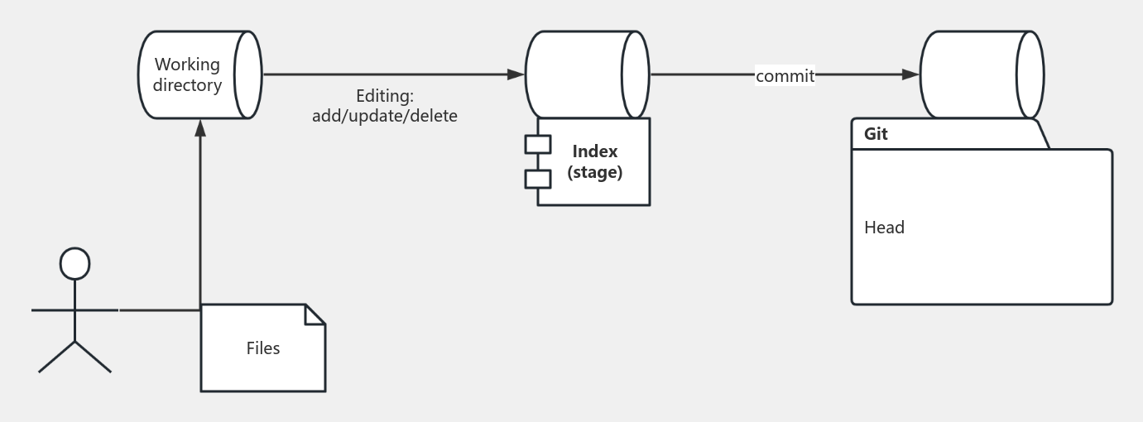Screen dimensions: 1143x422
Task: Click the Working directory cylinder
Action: [x=200, y=74]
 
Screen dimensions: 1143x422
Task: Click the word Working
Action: [x=187, y=65]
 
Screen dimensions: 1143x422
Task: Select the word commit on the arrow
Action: [x=785, y=76]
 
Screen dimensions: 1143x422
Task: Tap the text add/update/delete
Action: [x=385, y=116]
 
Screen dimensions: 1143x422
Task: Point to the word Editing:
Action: [x=385, y=96]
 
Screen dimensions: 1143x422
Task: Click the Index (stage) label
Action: [x=595, y=161]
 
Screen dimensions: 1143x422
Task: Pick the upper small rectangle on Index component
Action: [x=538, y=145]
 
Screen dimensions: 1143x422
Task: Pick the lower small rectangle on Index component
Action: [x=538, y=179]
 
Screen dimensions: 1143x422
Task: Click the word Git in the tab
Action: [x=876, y=134]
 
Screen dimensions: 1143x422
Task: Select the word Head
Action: [x=884, y=227]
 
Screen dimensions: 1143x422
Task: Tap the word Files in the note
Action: [x=263, y=348]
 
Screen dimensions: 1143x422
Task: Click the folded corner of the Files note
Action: [x=315, y=314]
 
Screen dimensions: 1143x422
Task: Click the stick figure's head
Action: [x=75, y=264]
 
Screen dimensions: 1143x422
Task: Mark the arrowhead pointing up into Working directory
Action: [x=200, y=128]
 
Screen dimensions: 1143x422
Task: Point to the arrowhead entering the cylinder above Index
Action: [x=516, y=74]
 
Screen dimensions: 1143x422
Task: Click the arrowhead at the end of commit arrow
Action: [x=910, y=74]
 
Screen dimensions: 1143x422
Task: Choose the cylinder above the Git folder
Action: [x=982, y=74]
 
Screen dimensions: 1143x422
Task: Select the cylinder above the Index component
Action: [x=588, y=74]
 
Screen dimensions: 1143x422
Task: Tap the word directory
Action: [x=187, y=85]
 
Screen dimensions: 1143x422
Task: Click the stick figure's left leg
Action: [x=56, y=357]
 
